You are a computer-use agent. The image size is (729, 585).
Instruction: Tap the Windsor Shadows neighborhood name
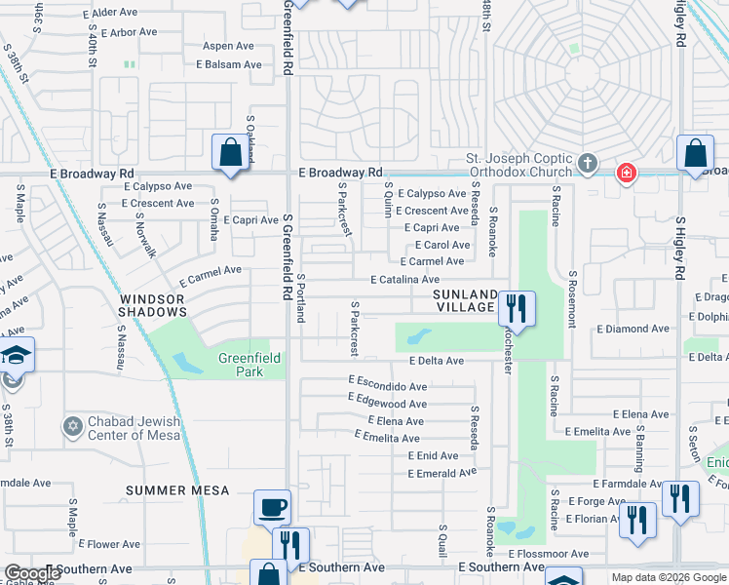(x=154, y=304)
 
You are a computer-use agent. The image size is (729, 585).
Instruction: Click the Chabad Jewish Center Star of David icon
(x=71, y=427)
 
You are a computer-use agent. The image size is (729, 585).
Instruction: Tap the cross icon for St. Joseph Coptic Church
(x=587, y=164)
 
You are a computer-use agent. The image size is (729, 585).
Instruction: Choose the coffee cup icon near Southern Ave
(x=272, y=507)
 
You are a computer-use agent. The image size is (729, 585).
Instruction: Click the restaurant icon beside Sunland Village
(x=517, y=309)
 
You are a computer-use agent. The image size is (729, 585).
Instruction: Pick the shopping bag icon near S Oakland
(x=231, y=153)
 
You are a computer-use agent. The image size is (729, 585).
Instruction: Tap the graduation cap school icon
(x=17, y=354)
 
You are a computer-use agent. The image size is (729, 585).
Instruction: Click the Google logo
(x=32, y=573)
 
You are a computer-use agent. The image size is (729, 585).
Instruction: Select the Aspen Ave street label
(x=228, y=46)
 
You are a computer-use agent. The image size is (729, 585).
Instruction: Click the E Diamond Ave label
(x=633, y=329)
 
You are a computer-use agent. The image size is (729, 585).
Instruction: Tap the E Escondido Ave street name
(x=387, y=386)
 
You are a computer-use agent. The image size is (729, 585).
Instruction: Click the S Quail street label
(x=442, y=545)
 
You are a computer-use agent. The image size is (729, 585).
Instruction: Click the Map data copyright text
(x=669, y=577)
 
